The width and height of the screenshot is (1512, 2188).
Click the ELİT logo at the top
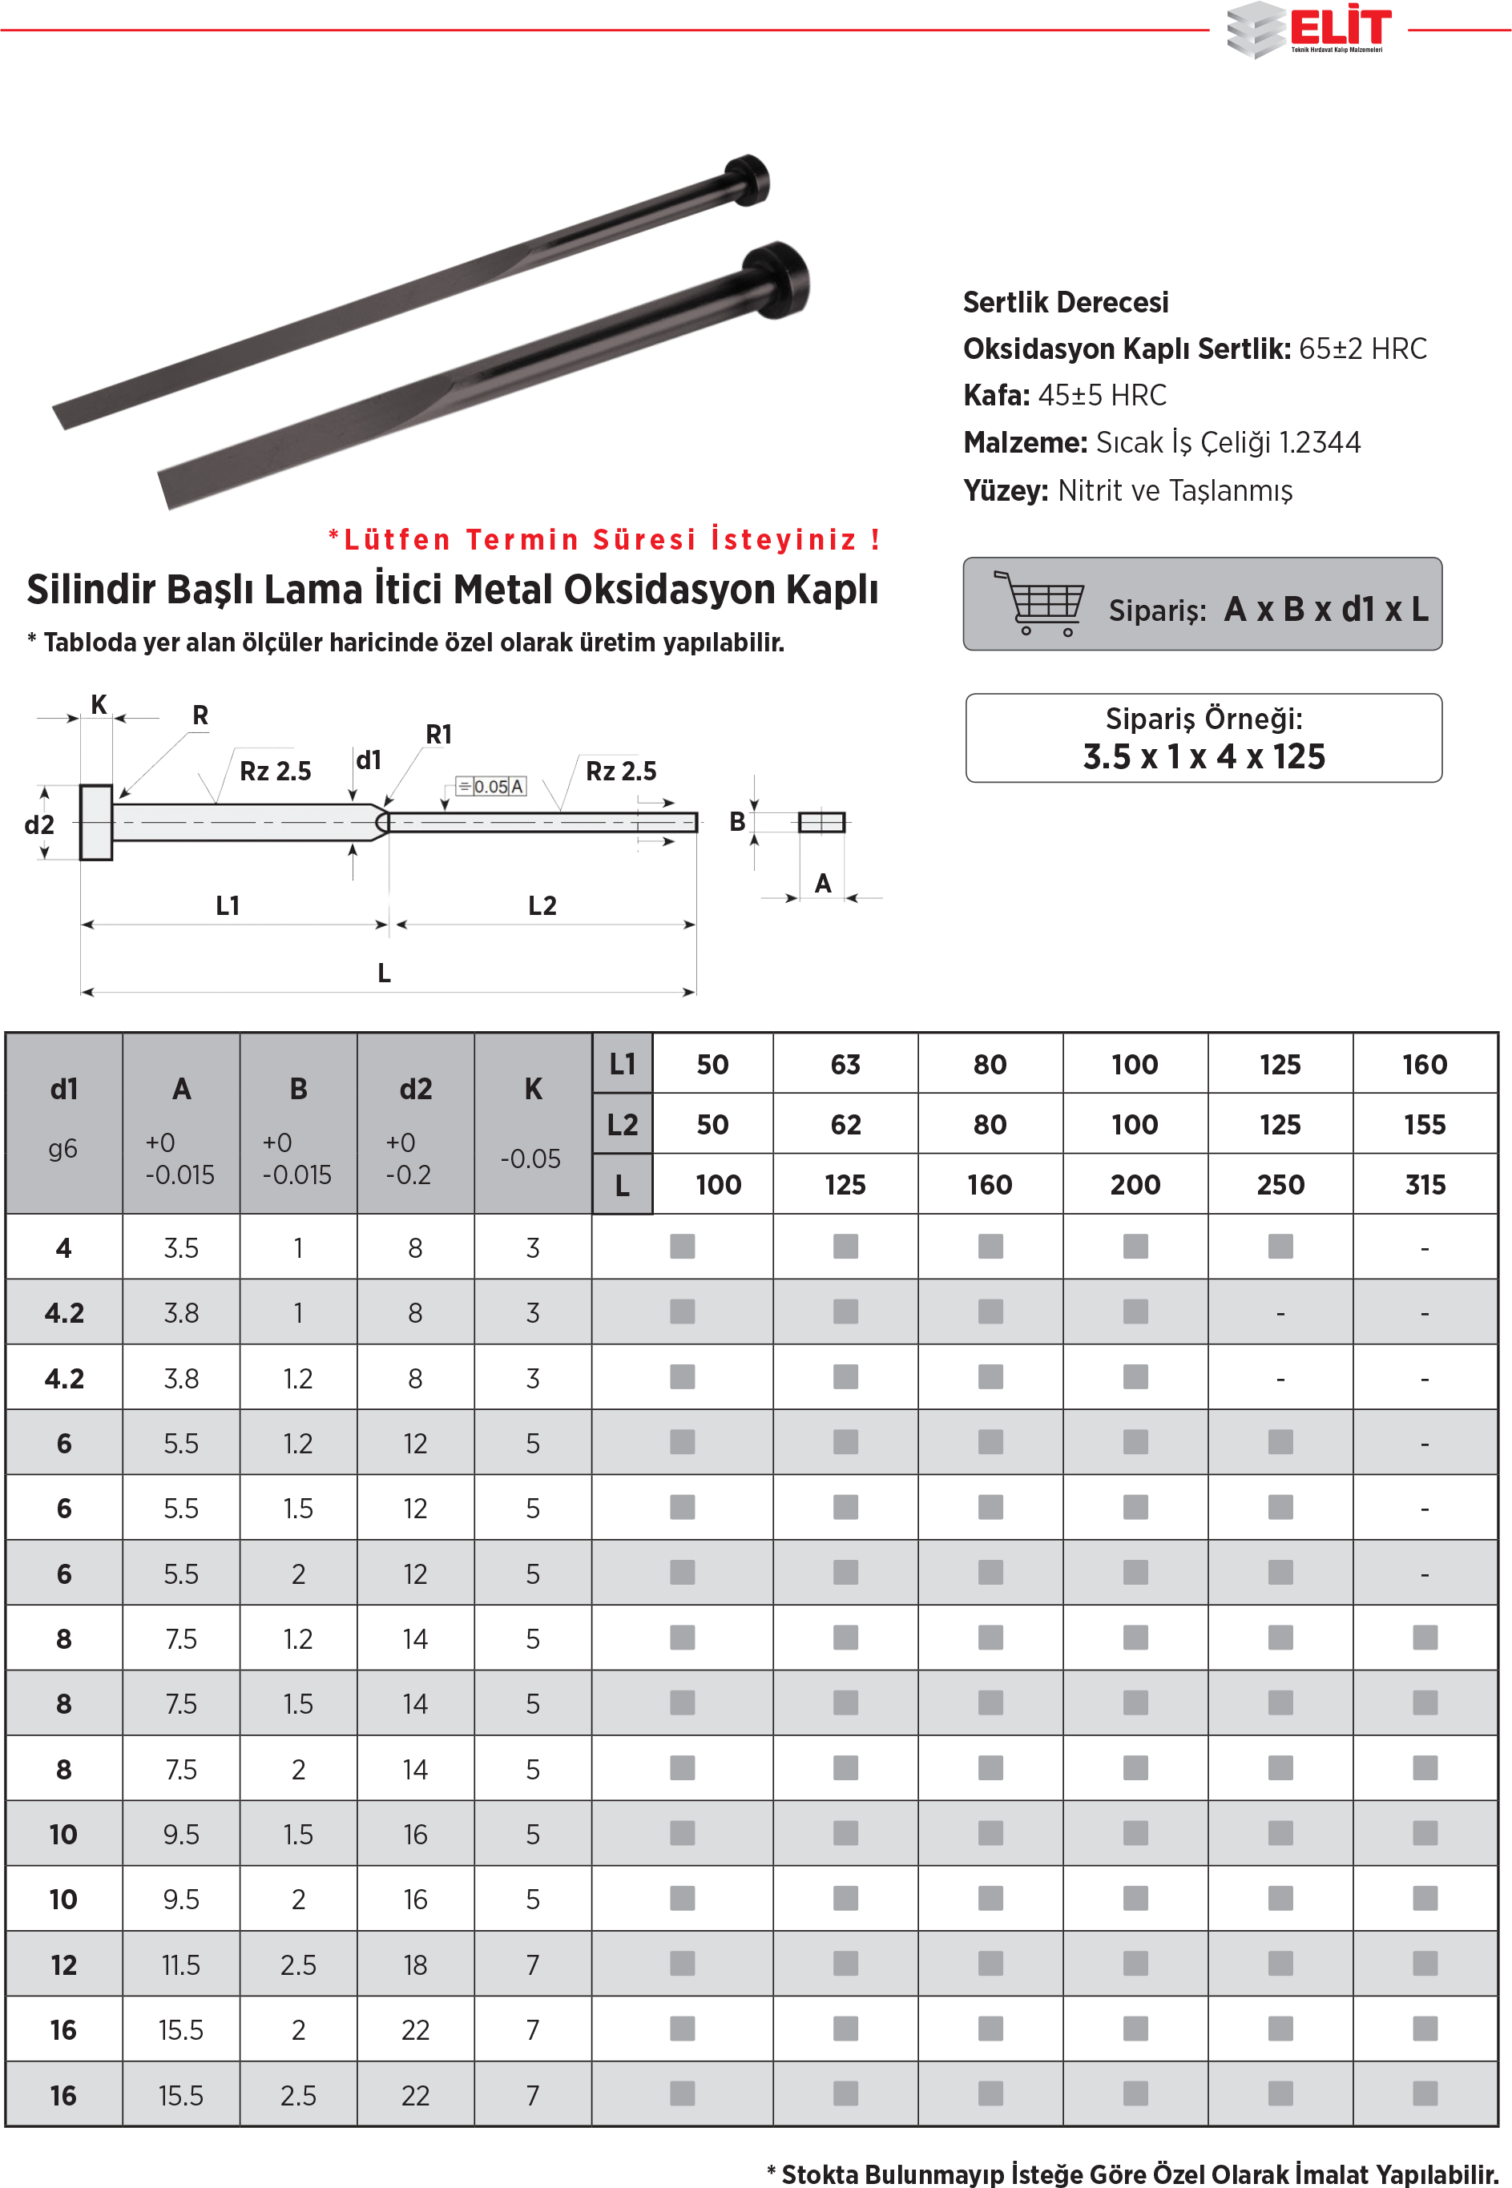[x=1310, y=30]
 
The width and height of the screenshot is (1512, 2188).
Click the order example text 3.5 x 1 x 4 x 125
[x=1204, y=757]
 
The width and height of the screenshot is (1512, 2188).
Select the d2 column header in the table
[x=415, y=1090]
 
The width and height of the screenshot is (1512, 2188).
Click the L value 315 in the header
[x=1424, y=1185]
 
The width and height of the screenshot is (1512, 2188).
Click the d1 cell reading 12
[x=63, y=1964]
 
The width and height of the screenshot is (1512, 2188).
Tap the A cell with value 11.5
[x=180, y=1964]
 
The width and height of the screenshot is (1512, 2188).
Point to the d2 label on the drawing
[x=38, y=825]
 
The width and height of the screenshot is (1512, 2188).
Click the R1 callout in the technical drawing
[x=438, y=734]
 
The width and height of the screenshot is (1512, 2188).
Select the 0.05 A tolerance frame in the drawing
[x=490, y=786]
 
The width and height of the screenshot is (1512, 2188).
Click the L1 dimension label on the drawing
[x=228, y=905]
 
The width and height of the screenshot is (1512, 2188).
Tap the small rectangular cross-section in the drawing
[x=821, y=821]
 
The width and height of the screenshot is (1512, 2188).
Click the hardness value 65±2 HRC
[x=1361, y=349]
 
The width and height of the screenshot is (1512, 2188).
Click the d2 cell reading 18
[x=415, y=1964]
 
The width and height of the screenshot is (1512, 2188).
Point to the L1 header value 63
[x=845, y=1065]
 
